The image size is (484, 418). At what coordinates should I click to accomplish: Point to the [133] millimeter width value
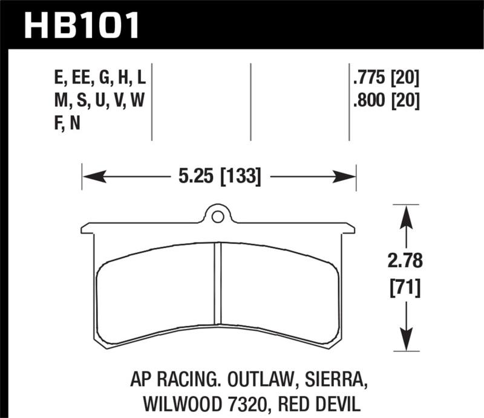click(241, 177)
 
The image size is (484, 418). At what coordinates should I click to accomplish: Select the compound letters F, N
click(67, 123)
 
